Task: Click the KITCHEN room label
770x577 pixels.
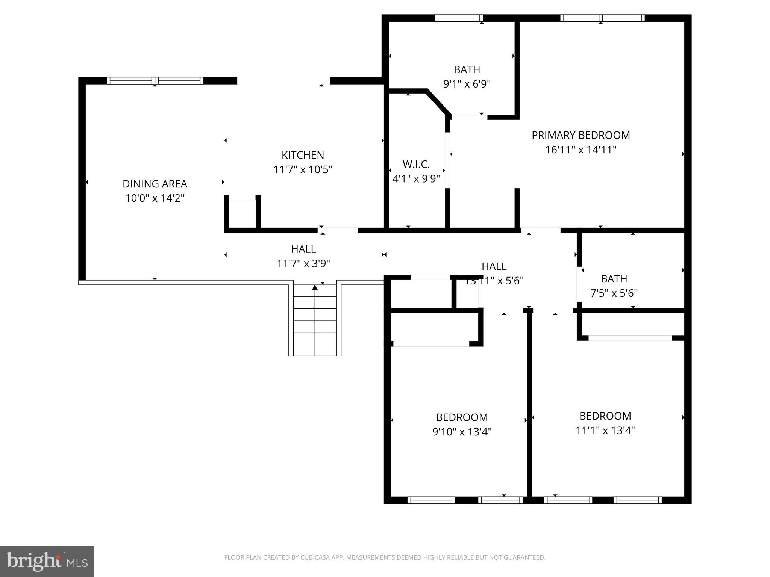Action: [303, 155]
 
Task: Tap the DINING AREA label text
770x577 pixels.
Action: [155, 184]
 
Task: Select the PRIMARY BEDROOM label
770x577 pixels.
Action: [581, 135]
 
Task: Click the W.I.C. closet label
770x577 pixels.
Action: [416, 164]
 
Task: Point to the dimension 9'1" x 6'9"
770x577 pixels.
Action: [467, 84]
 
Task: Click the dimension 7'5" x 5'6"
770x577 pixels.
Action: [614, 293]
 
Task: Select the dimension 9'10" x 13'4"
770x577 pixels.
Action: [462, 432]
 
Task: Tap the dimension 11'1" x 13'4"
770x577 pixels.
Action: [605, 430]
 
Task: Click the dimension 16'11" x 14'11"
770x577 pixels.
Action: [581, 150]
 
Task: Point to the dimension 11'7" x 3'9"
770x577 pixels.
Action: [303, 264]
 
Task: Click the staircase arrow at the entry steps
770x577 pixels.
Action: [315, 288]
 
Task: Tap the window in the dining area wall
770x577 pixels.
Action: [155, 80]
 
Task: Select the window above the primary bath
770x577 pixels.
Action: [458, 18]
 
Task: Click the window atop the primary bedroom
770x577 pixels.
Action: [602, 18]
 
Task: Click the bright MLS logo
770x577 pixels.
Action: [47, 561]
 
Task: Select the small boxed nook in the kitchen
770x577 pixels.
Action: [243, 212]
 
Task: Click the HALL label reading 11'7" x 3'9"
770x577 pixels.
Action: [303, 249]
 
